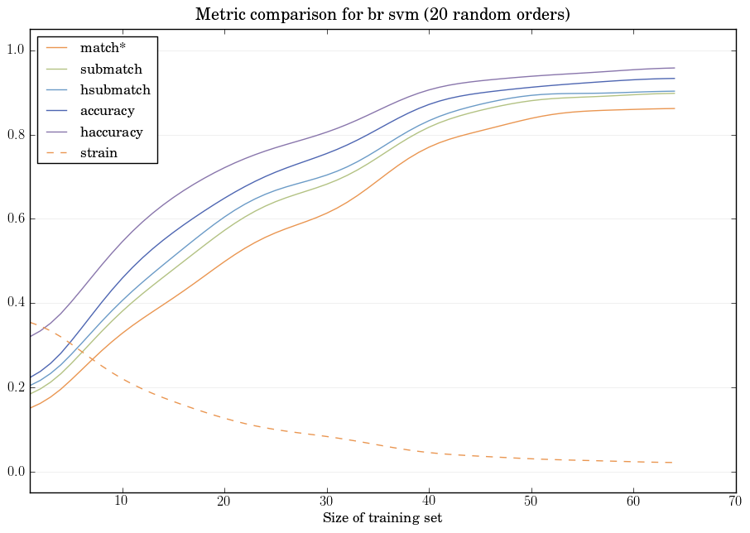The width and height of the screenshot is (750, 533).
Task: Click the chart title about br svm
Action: pos(382,15)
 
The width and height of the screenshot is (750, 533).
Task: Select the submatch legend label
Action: pos(111,69)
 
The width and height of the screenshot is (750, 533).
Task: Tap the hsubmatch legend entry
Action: pos(115,89)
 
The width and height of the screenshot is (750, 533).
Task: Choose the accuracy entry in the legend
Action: pos(107,110)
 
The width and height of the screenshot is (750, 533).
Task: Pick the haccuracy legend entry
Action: pos(111,132)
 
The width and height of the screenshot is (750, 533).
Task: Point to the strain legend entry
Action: pos(99,152)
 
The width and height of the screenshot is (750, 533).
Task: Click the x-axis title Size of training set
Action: pos(382,519)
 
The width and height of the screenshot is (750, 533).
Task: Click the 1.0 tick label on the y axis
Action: pos(14,51)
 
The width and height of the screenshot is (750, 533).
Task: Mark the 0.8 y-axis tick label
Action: pos(14,135)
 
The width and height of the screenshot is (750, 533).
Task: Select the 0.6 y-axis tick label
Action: pos(14,219)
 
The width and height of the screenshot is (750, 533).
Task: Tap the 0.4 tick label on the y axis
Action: pos(14,304)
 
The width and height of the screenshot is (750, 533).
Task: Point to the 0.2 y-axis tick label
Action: pos(14,388)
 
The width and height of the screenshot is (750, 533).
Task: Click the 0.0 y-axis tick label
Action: pos(14,472)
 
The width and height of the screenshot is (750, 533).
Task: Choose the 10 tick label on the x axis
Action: pos(123,502)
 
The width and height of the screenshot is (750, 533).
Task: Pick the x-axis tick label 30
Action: pos(327,502)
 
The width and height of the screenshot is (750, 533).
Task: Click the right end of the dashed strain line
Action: pos(675,463)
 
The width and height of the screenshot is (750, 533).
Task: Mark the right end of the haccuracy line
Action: pos(675,68)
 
